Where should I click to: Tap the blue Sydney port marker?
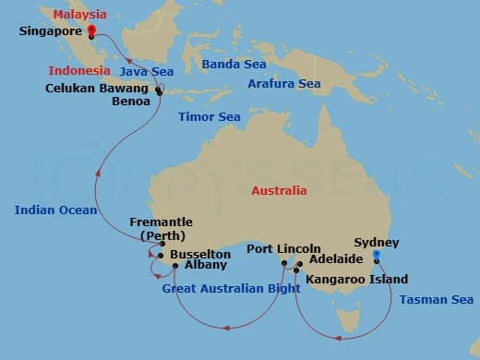tap(376, 258)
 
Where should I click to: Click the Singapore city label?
tap(51, 31)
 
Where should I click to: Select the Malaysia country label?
tap(79, 15)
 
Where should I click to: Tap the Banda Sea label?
tap(234, 65)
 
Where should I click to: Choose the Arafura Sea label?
tap(284, 84)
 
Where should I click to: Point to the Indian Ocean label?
tap(55, 210)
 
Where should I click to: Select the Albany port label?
tap(205, 265)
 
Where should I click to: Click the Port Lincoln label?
tap(283, 249)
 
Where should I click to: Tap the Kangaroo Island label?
tap(350, 278)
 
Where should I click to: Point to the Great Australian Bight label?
tap(229, 288)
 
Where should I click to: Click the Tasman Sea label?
tap(437, 299)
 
